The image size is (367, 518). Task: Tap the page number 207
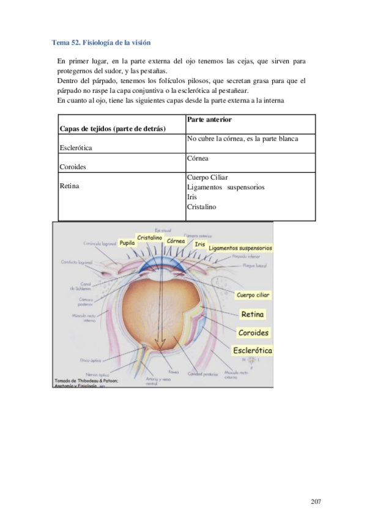[316, 502]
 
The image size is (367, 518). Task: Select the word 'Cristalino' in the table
[201, 206]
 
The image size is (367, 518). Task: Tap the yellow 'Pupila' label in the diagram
[127, 243]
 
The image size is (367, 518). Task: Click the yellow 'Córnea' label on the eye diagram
[176, 241]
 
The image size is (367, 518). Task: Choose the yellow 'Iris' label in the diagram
[199, 244]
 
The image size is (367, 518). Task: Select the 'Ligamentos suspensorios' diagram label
[240, 249]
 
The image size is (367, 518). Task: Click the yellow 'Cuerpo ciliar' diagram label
[253, 295]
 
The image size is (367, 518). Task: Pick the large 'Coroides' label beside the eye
[253, 333]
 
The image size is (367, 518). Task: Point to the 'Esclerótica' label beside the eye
[253, 351]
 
